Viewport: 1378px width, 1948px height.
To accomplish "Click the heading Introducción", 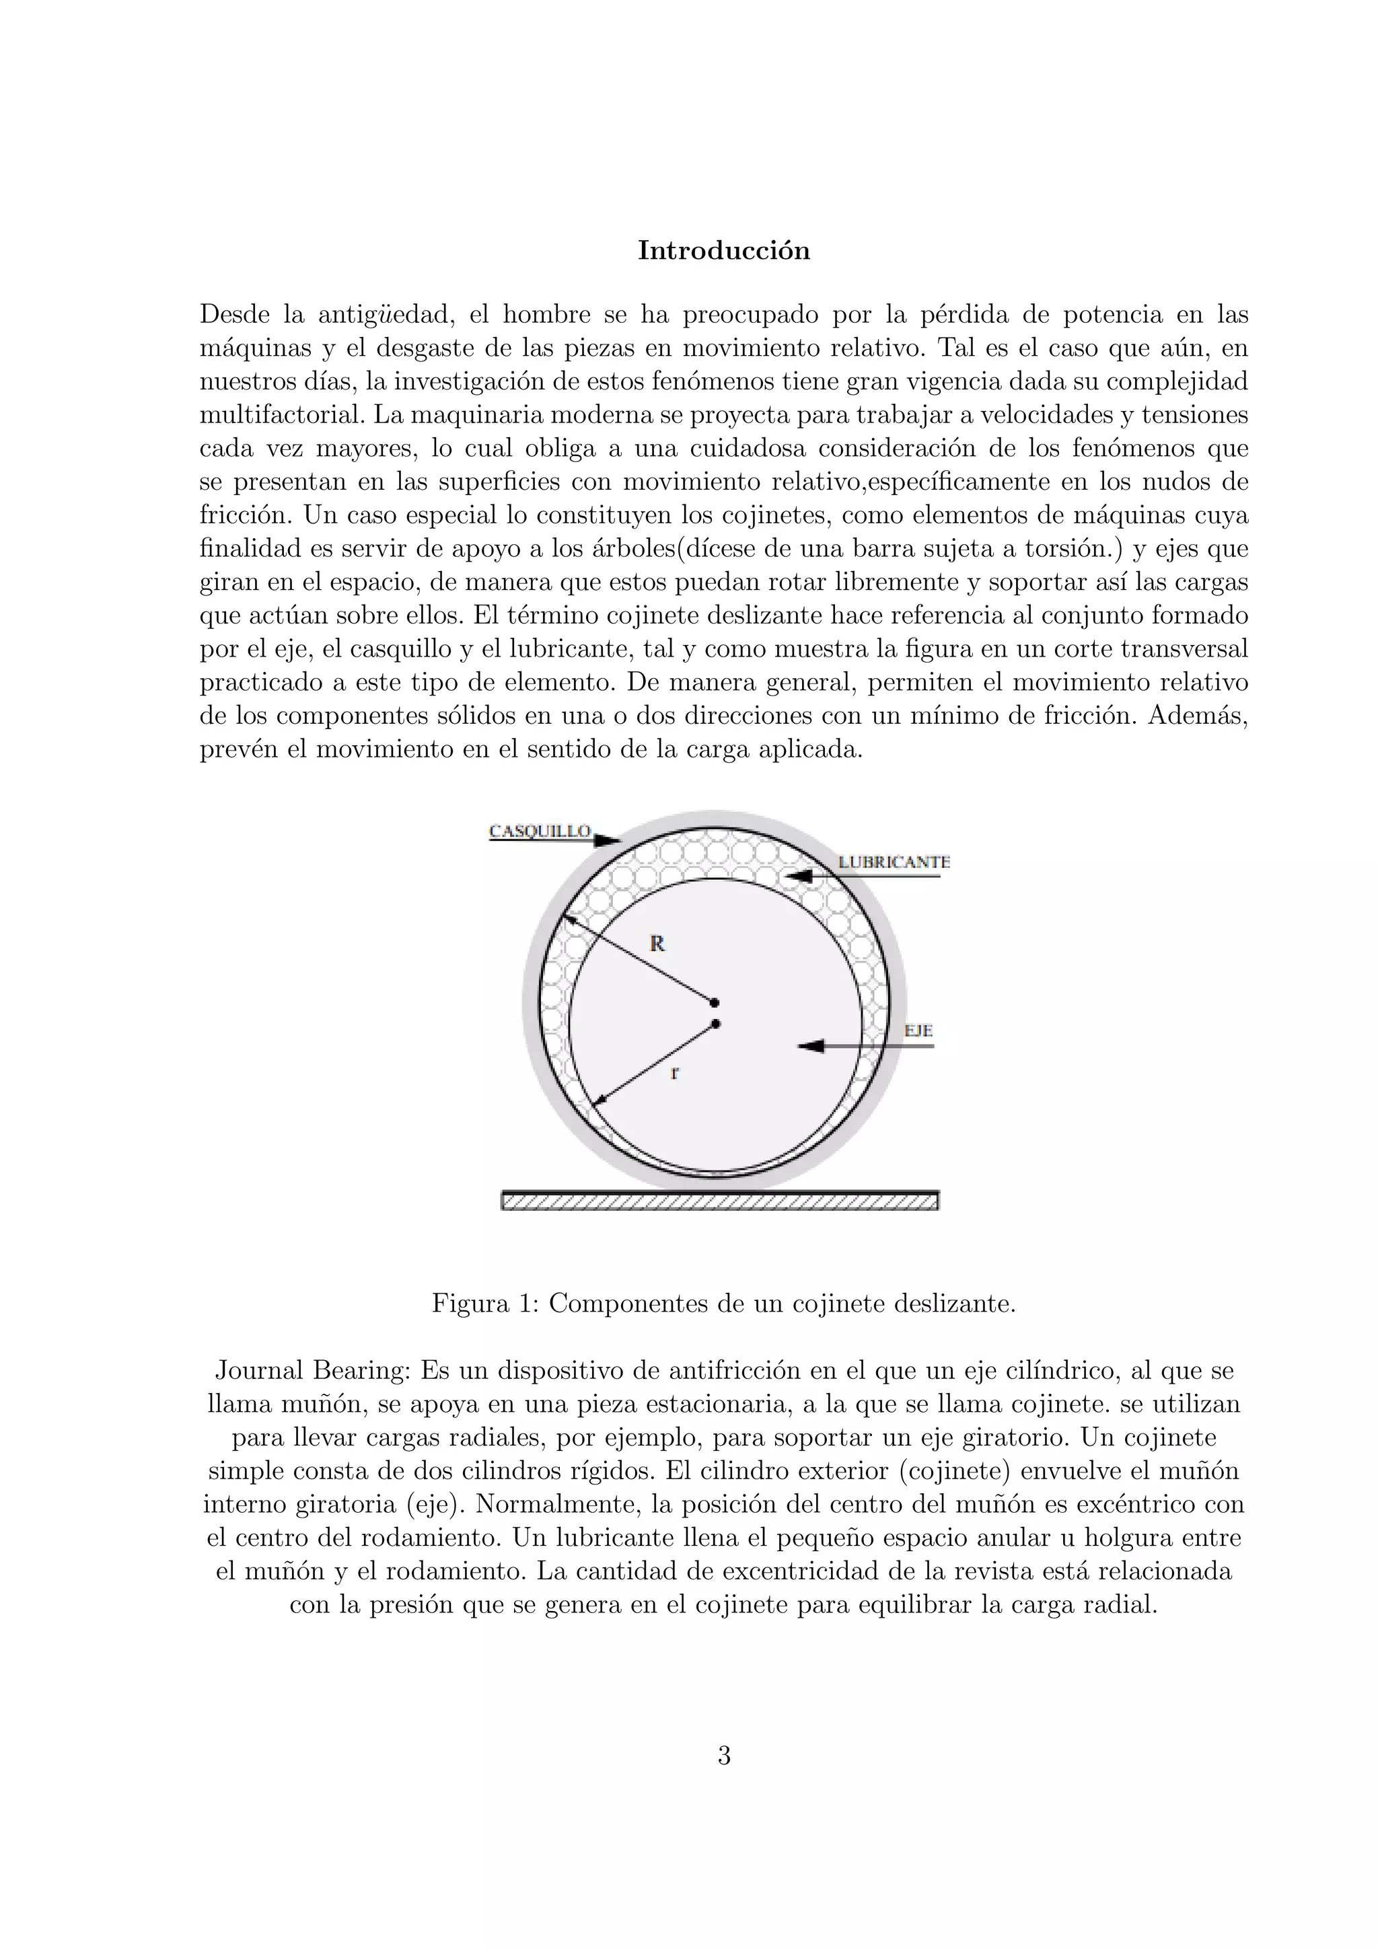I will [x=724, y=251].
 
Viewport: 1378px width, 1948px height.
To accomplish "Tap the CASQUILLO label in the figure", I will [x=540, y=831].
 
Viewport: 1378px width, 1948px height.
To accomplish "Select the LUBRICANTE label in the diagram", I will [x=894, y=862].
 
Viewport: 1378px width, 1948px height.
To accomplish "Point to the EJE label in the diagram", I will [x=918, y=1031].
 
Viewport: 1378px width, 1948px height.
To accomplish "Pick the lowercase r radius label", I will [x=675, y=1072].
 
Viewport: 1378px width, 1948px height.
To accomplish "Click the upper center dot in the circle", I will [x=715, y=1003].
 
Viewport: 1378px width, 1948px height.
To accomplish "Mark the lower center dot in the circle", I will [x=716, y=1024].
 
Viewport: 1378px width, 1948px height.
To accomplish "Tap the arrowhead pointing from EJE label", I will [x=810, y=1046].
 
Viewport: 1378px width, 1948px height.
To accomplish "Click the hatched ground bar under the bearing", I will [x=719, y=1201].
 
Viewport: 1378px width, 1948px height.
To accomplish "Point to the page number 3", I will [x=724, y=1756].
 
